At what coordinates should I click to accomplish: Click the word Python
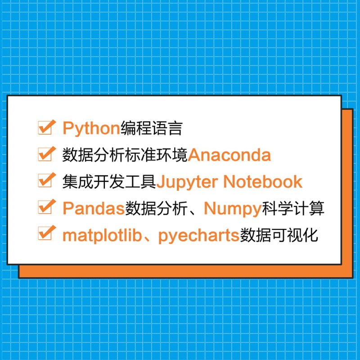pos(90,129)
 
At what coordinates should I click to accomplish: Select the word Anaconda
pos(229,155)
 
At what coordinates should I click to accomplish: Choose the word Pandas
pos(93,208)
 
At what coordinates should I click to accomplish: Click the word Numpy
pos(233,208)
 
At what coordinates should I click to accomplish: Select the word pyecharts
pos(198,235)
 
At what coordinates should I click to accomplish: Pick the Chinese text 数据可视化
pos(279,235)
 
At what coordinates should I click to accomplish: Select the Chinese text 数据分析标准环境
pos(125,155)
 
